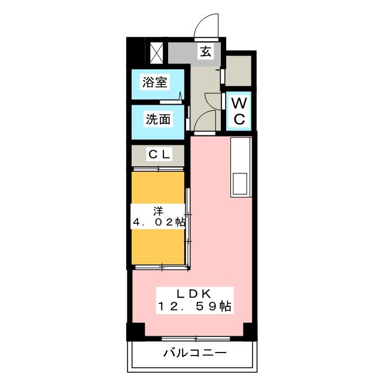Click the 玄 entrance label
tap(205, 52)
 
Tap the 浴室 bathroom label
tap(154, 83)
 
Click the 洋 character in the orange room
tap(158, 210)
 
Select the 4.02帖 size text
tap(158, 222)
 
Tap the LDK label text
tap(194, 293)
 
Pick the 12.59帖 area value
tap(194, 306)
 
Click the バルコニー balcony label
tap(195, 353)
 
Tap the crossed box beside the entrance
tap(156, 52)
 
